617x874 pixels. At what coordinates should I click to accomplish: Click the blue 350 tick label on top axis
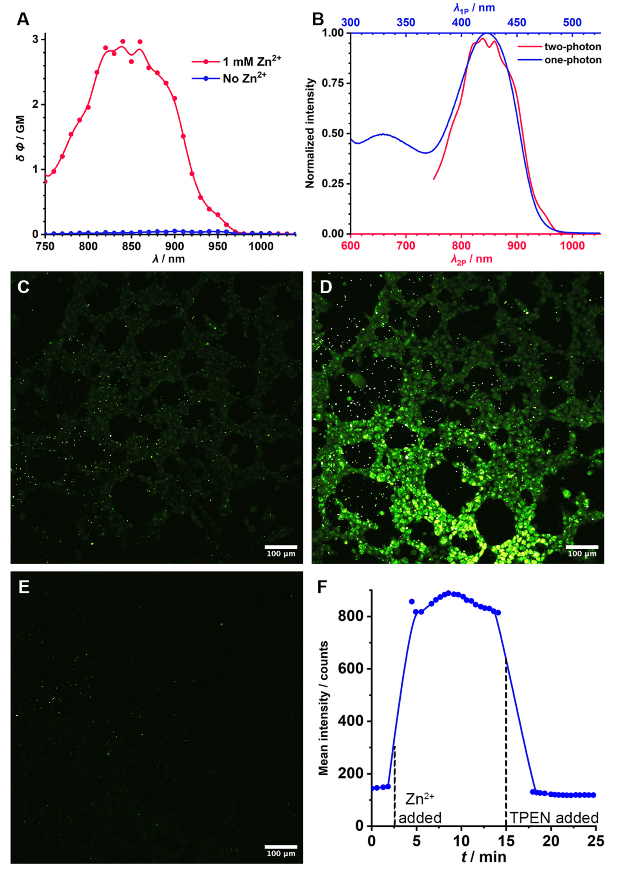point(406,23)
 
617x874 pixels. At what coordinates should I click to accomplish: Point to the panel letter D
point(326,288)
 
